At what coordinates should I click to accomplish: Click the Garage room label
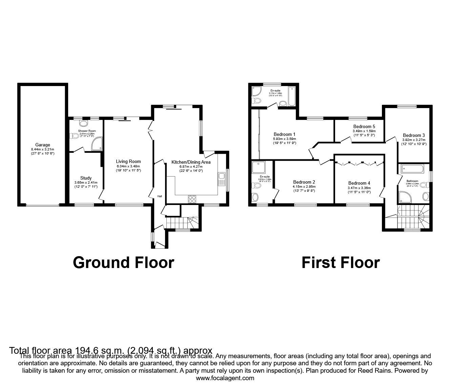point(42,145)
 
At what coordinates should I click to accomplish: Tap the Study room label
point(86,178)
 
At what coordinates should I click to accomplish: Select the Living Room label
point(128,161)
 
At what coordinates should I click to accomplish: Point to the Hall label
point(159,196)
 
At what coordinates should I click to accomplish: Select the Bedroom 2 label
point(304,182)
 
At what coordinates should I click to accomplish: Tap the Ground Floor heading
point(123,263)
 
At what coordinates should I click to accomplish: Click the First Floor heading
point(341,263)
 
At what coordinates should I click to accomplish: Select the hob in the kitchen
point(192,199)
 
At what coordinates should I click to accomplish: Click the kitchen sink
point(222,179)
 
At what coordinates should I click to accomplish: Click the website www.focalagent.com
point(225,378)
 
